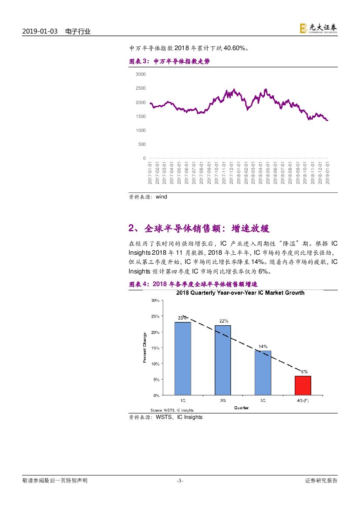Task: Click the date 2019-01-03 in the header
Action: pyautogui.click(x=40, y=32)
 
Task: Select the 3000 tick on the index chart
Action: pyautogui.click(x=141, y=74)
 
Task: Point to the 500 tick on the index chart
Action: pyautogui.click(x=142, y=144)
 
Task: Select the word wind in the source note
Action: pyautogui.click(x=161, y=197)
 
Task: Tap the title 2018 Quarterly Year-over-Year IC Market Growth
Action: pyautogui.click(x=240, y=293)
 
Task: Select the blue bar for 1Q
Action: pyautogui.click(x=183, y=358)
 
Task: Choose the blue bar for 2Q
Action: pyautogui.click(x=223, y=360)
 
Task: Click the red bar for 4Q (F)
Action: pyautogui.click(x=303, y=385)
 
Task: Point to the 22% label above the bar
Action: pyautogui.click(x=223, y=321)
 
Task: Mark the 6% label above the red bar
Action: pyautogui.click(x=303, y=372)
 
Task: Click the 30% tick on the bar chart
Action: pyautogui.click(x=155, y=300)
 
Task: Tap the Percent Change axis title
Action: pyautogui.click(x=145, y=348)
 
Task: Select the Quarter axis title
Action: pyautogui.click(x=242, y=408)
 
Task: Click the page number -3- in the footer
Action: pyautogui.click(x=180, y=481)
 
